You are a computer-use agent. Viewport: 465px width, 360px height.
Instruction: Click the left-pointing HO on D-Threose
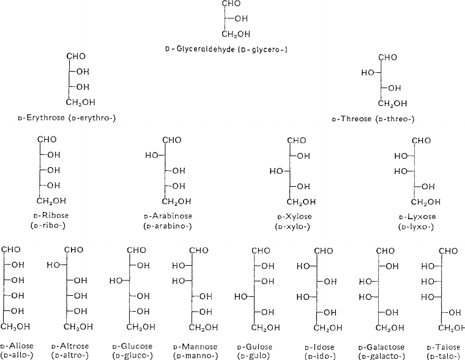coord(368,73)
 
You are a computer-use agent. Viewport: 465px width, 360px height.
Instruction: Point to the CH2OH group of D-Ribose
coord(52,201)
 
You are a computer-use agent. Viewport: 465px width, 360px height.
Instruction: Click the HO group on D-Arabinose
coord(152,156)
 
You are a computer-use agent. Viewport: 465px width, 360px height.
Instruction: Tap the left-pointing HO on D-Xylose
coord(277,171)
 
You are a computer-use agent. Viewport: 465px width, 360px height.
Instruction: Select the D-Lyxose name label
coord(416,217)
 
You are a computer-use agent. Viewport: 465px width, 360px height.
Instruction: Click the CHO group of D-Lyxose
coord(422,140)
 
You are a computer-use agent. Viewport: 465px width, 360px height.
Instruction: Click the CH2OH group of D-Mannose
coord(201,326)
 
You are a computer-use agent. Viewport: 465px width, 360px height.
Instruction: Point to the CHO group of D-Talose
coord(448,250)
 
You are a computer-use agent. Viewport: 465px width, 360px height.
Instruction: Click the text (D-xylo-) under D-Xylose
coord(292,227)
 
